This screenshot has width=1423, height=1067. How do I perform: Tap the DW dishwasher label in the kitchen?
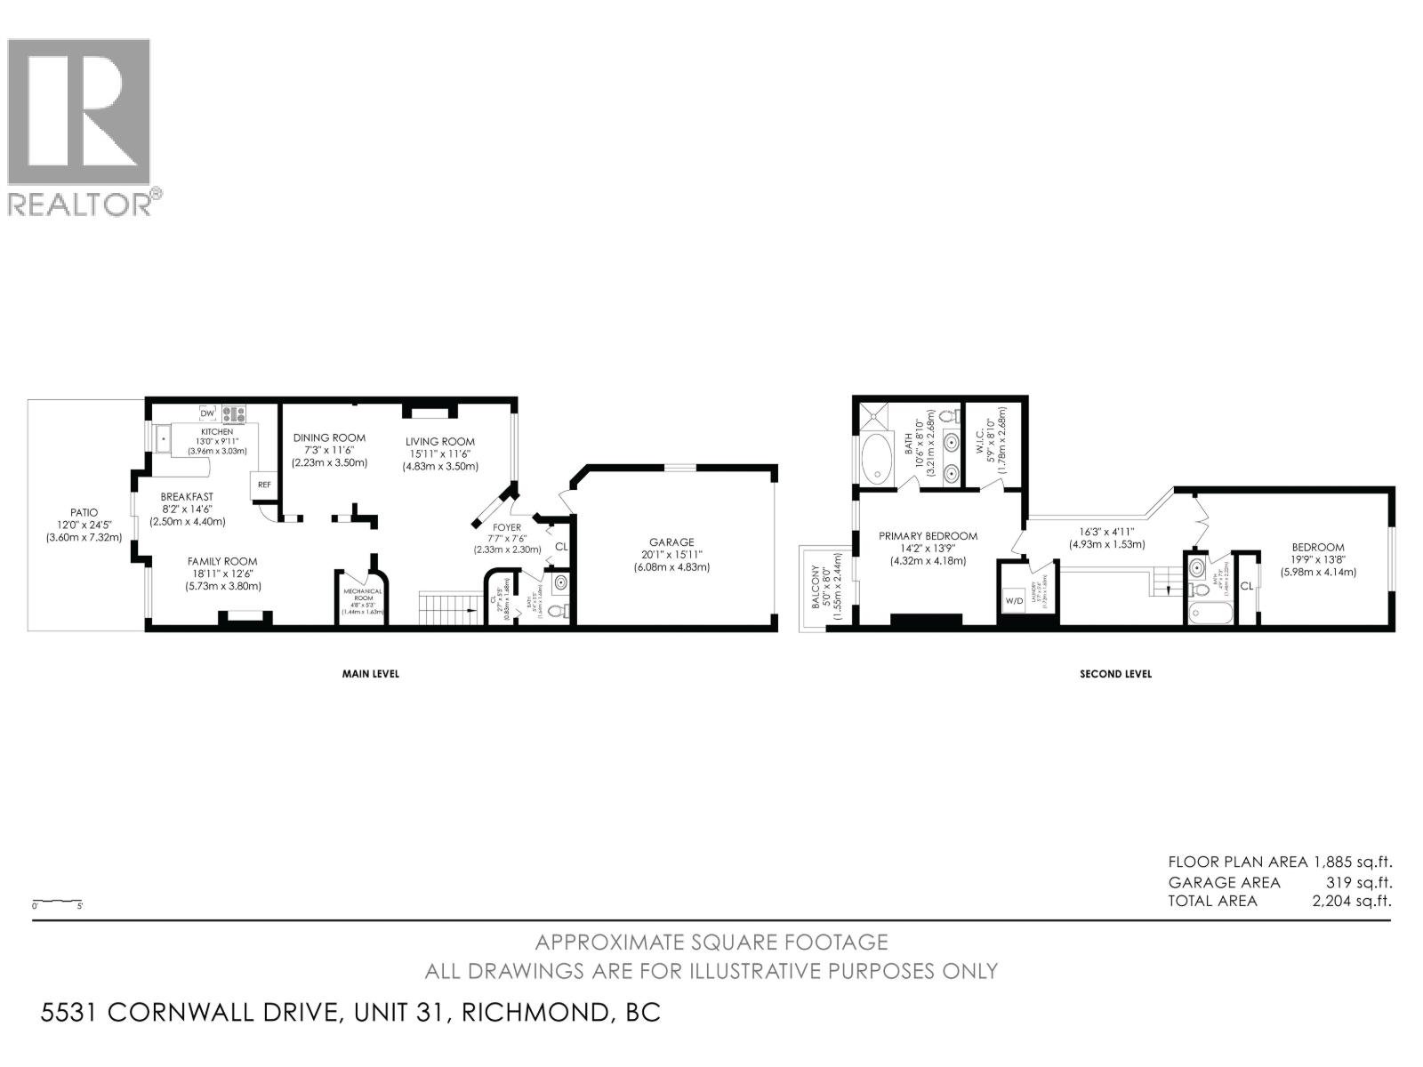coord(207,413)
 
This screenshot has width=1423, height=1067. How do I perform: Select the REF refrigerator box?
coord(264,485)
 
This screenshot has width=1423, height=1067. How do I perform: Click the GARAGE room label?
coord(671,542)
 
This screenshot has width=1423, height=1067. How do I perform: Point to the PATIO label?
coord(84,512)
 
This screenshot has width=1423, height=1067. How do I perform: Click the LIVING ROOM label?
coord(440,441)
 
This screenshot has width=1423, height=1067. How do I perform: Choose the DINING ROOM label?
coord(329,437)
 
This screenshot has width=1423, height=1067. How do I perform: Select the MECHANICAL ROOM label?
coord(364,594)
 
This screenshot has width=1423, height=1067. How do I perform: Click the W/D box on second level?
coord(1013,600)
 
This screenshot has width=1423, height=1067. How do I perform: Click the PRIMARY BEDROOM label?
coord(928,536)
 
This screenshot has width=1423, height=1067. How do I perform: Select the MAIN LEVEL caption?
coord(371,674)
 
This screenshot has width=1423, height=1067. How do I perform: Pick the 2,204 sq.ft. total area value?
coord(1351,901)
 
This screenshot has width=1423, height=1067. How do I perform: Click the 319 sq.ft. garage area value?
coord(1358,882)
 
